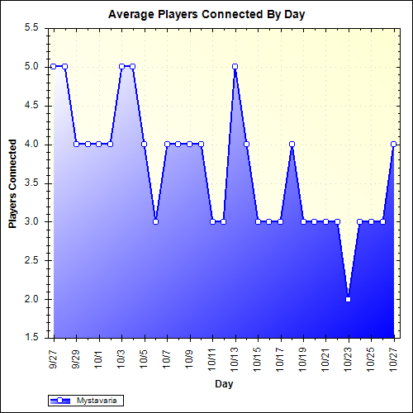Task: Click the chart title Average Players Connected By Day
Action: tap(206, 15)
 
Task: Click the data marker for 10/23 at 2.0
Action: tap(349, 299)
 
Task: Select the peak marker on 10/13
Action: tap(235, 66)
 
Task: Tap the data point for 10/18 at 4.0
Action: tap(292, 144)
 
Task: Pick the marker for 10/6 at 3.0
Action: tap(155, 221)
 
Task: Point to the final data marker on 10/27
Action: tap(394, 144)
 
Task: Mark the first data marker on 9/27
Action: tap(54, 66)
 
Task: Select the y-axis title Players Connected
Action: tap(13, 183)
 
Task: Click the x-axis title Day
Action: tap(223, 384)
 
